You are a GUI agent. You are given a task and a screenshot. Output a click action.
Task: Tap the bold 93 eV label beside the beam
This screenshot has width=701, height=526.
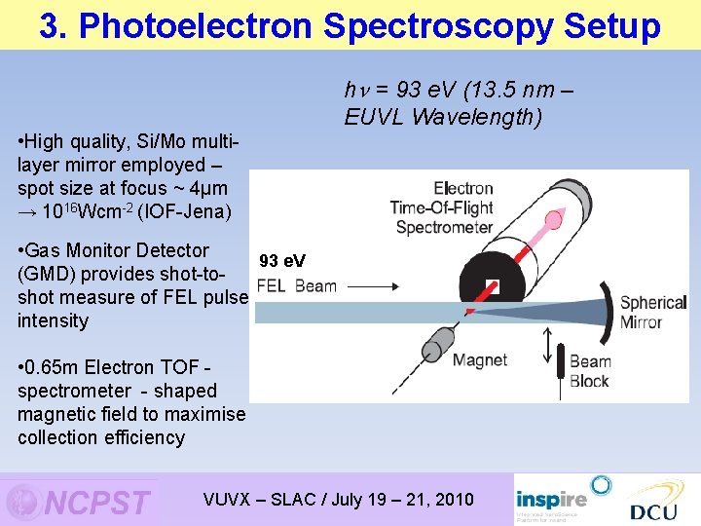281,260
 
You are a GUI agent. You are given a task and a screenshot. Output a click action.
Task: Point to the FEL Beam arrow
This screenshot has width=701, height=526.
370,286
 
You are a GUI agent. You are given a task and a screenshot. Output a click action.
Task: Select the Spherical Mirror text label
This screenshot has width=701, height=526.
653,313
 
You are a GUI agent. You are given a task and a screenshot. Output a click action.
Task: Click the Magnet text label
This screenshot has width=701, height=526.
479,360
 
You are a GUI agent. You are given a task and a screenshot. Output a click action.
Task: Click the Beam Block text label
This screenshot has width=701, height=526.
590,371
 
